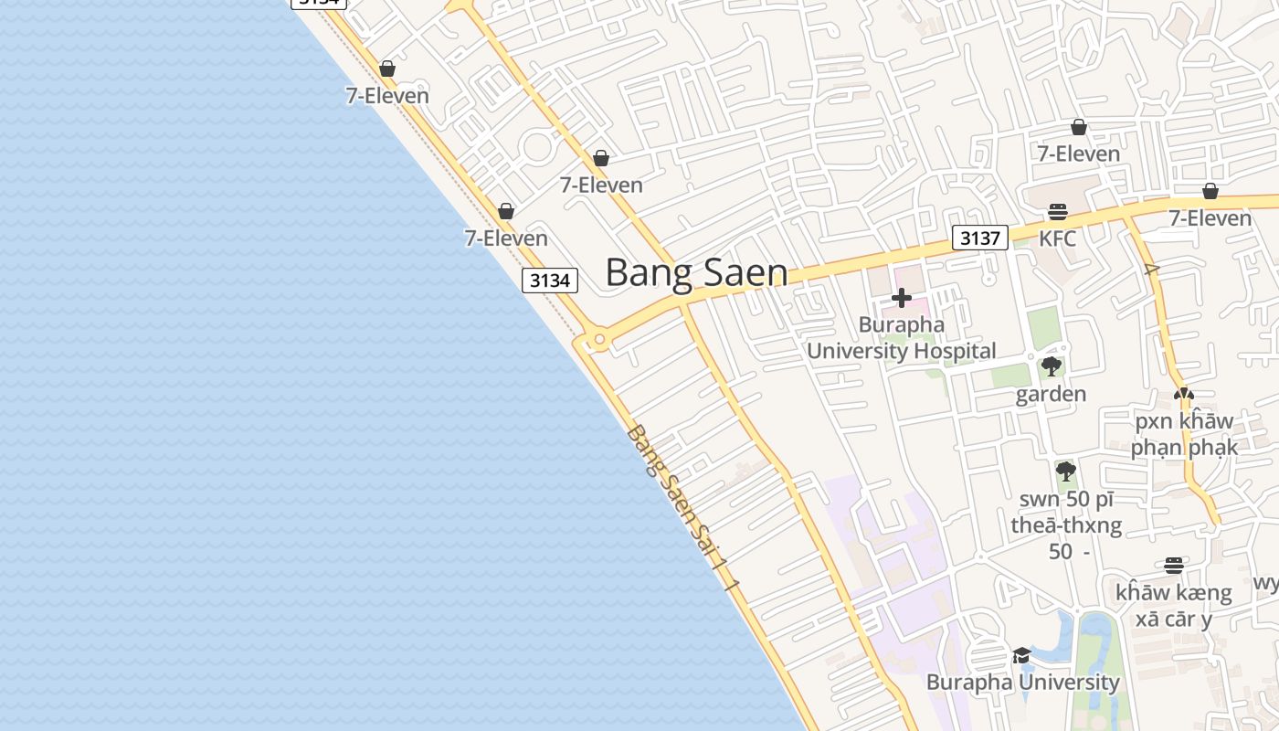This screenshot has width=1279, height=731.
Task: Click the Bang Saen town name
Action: click(696, 272)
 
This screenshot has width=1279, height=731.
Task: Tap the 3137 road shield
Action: click(979, 238)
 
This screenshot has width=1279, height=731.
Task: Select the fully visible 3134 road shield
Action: click(551, 281)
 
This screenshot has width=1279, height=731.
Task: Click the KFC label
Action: click(1058, 238)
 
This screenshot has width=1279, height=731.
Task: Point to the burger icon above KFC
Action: click(1058, 213)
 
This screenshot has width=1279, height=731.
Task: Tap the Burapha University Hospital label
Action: click(901, 337)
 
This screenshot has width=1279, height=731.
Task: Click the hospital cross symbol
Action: click(901, 298)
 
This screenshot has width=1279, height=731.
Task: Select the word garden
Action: click(1051, 394)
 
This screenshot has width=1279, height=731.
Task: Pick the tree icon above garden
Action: click(1052, 367)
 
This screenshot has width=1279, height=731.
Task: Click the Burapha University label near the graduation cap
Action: click(1022, 682)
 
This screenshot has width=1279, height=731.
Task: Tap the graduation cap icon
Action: click(1021, 656)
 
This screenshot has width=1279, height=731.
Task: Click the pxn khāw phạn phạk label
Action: click(1184, 434)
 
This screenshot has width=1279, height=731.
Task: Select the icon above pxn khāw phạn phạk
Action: click(1184, 395)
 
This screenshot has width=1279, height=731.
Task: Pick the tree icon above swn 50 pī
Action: click(1065, 472)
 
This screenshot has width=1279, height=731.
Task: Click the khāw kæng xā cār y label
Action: click(1173, 605)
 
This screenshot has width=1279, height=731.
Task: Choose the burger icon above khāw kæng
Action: click(1174, 566)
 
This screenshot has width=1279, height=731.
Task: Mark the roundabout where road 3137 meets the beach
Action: click(598, 341)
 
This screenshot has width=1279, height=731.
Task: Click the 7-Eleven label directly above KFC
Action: click(1078, 154)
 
